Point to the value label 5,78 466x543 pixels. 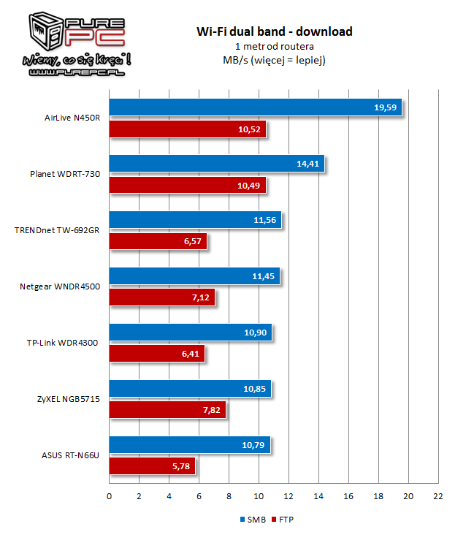coord(180,466)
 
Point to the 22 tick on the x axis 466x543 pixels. coord(438,497)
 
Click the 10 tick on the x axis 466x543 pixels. coord(259,497)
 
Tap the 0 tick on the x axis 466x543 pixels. coord(110,497)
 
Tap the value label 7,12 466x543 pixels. coord(200,298)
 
